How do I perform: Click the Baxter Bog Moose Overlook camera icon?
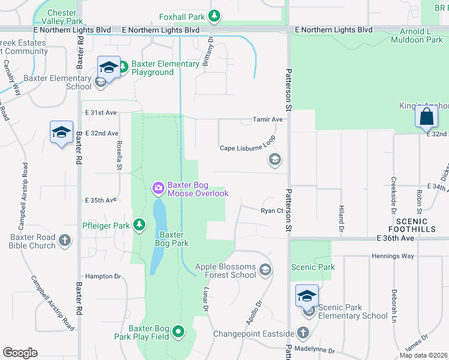[x=158, y=189]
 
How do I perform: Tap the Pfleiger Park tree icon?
[x=139, y=225]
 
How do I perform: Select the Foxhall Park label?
[x=183, y=17]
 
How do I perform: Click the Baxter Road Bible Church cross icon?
[x=65, y=241]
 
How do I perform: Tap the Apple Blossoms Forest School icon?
[x=265, y=271]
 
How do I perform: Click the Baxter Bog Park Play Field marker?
[x=178, y=331]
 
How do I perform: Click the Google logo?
[x=20, y=353]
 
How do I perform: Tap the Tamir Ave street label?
[x=267, y=119]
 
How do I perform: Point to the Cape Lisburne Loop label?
[x=247, y=148]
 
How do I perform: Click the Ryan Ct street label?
[x=271, y=211]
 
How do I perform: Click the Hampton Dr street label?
[x=103, y=276]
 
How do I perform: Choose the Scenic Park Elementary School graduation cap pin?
[x=307, y=296]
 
